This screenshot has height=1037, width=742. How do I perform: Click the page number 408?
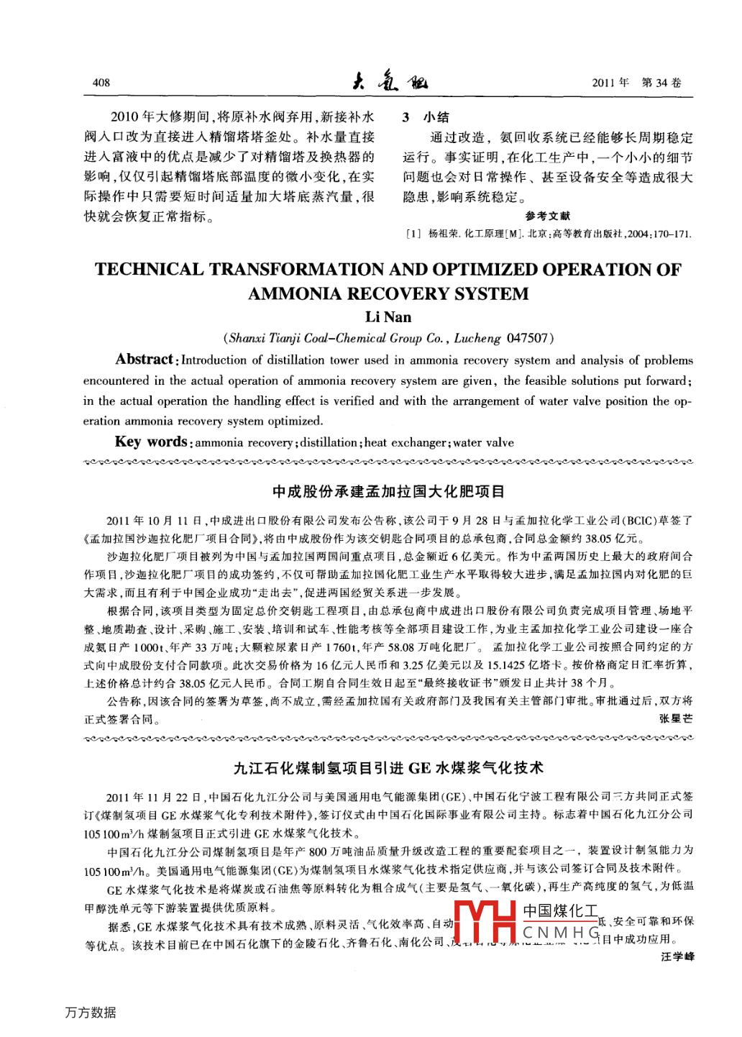click(x=101, y=83)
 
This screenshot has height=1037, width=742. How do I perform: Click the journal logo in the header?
click(x=390, y=81)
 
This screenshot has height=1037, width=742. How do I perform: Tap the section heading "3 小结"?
click(x=426, y=117)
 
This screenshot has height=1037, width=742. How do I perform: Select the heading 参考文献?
click(x=548, y=216)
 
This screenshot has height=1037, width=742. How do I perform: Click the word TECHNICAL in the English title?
click(x=150, y=270)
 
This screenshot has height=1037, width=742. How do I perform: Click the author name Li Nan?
click(x=388, y=317)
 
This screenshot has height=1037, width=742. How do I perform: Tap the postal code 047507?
click(x=528, y=338)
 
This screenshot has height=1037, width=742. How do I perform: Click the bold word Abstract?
click(x=145, y=360)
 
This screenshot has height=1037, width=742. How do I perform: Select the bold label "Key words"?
click(x=151, y=442)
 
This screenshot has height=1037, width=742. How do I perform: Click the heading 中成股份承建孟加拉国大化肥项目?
click(x=388, y=492)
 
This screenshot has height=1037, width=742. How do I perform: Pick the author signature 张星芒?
click(x=677, y=718)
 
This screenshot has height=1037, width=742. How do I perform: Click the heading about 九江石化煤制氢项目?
click(x=388, y=768)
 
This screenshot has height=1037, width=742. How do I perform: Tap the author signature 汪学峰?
click(x=677, y=956)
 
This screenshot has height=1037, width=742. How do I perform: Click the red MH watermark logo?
click(x=483, y=922)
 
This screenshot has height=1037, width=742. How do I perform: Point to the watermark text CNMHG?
click(x=562, y=933)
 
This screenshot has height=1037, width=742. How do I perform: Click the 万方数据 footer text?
click(x=91, y=1013)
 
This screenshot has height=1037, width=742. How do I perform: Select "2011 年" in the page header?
click(x=610, y=83)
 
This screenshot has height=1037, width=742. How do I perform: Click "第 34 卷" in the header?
click(x=661, y=83)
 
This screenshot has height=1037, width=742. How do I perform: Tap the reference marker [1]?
click(x=413, y=234)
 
